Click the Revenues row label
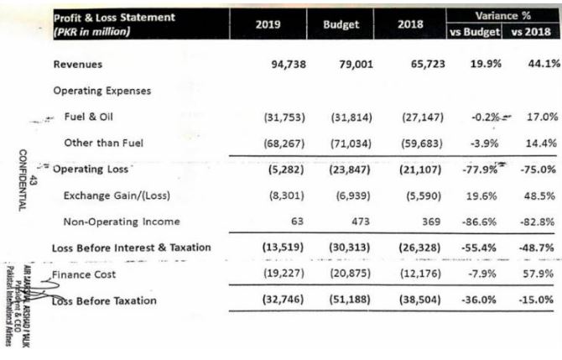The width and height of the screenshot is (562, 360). [x=77, y=65]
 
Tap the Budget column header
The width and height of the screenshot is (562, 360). [x=341, y=24]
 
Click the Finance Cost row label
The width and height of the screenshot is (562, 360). [x=86, y=274]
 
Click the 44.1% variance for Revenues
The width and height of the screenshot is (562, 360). [x=541, y=65]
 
